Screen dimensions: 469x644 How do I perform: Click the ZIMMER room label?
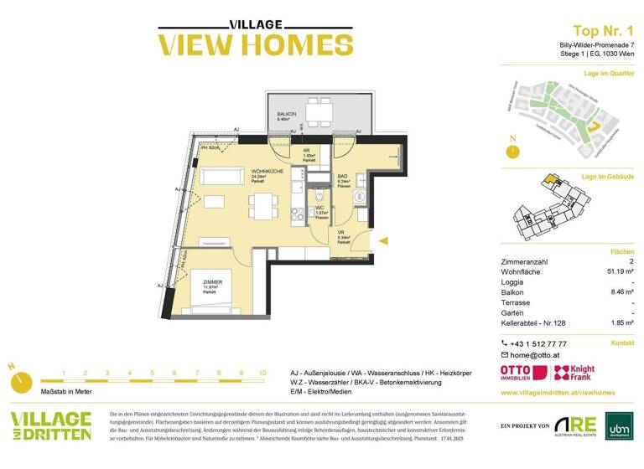212,282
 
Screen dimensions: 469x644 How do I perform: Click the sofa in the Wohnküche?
220,178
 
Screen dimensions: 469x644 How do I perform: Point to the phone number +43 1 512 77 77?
539,343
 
